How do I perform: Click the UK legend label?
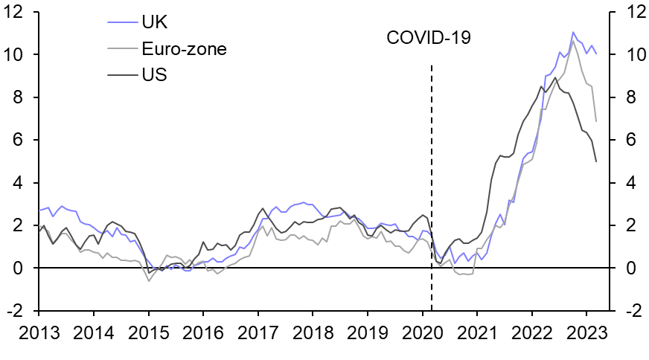[154, 23]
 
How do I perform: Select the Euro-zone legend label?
[184, 49]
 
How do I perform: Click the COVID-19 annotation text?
[429, 37]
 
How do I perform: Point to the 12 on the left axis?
[22, 13]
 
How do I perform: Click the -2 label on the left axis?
[22, 312]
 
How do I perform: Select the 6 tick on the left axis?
[26, 141]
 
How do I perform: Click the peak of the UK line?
[573, 32]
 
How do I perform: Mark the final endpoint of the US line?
[596, 161]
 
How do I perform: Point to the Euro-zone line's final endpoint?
[596, 121]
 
